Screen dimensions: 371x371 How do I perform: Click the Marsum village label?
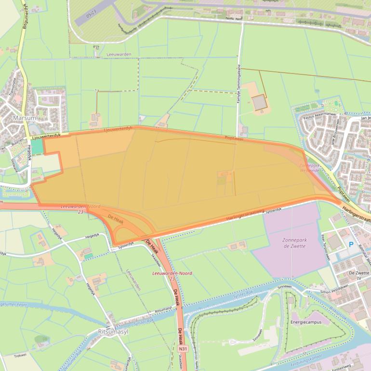25,117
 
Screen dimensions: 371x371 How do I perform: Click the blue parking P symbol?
351,245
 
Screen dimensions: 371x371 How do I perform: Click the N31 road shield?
182,348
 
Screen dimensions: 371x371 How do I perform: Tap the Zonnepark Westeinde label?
309,167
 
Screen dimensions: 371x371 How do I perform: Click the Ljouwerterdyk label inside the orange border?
118,129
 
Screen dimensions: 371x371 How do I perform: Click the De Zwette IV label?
358,275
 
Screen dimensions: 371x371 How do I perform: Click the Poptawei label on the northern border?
234,138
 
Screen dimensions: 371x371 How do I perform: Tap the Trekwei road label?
20,356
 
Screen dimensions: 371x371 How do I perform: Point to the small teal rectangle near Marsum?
38,147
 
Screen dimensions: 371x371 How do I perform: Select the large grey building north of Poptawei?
260,102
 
